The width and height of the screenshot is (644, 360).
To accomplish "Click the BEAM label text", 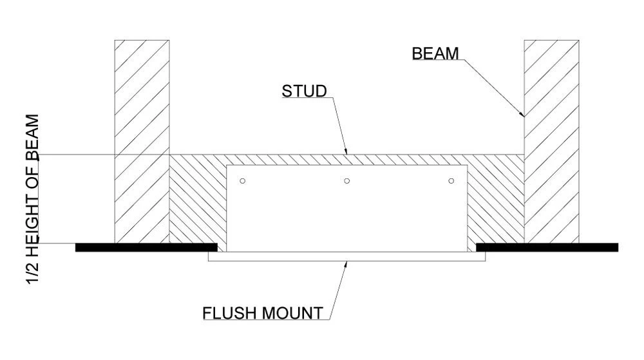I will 435,53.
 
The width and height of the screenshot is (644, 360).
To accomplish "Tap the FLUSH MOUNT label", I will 262,314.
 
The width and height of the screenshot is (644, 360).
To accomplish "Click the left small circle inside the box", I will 242,181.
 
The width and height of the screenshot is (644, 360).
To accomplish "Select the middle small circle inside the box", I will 346,181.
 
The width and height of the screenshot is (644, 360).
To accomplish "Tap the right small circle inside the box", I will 451,181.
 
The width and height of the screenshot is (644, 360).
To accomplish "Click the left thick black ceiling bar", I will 146,247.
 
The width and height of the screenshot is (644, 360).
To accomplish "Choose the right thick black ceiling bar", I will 547,247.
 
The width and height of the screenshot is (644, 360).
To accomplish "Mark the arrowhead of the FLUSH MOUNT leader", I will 346,263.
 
